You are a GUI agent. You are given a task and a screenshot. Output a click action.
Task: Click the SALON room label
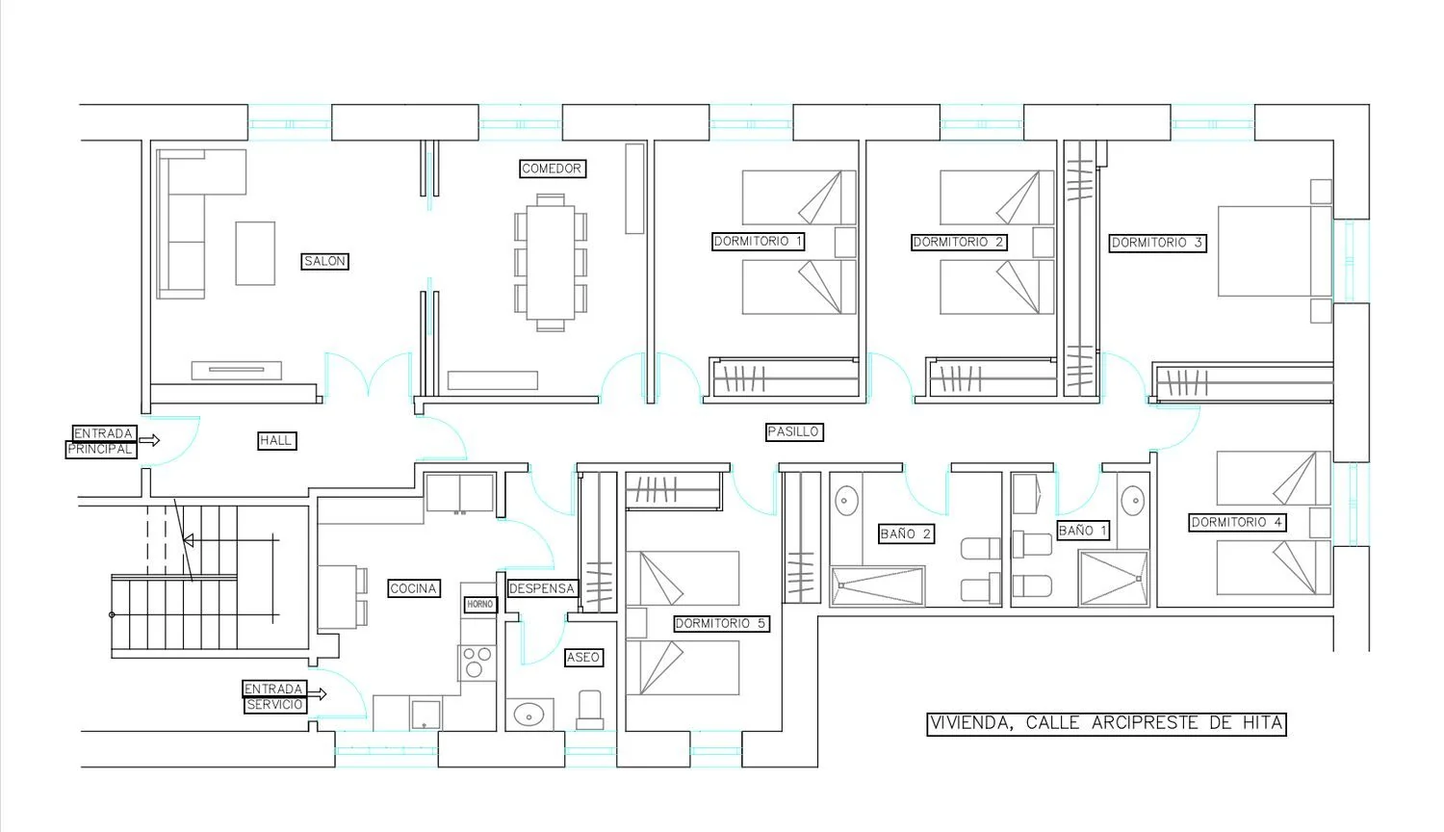point(325,261)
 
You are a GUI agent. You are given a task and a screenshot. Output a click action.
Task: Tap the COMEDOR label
point(552,169)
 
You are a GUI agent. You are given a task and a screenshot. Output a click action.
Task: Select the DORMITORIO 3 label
point(1157,243)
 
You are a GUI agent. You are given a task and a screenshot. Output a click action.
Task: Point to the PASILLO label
point(793,431)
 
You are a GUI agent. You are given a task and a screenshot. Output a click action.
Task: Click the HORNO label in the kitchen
point(480,605)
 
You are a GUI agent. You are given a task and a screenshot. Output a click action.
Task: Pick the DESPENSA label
point(541,588)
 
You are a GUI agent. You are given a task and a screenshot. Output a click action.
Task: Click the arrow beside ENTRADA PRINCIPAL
point(149,440)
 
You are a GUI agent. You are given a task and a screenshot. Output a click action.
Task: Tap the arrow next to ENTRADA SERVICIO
point(317,694)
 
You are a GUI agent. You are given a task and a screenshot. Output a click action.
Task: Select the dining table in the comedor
point(550,263)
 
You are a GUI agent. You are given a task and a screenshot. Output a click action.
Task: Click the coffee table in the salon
point(255,253)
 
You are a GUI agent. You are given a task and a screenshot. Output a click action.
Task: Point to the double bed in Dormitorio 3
point(1275,251)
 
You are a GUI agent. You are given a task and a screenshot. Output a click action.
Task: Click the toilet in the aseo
point(590,711)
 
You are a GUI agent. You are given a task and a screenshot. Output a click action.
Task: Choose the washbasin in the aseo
point(529,715)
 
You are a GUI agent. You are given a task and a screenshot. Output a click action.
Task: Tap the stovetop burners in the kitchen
point(477,663)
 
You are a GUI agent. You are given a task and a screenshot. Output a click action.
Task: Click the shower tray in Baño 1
point(1113,579)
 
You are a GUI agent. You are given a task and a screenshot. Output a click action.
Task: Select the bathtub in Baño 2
point(878,586)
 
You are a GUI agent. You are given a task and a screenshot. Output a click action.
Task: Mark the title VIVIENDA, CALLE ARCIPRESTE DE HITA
point(1106,723)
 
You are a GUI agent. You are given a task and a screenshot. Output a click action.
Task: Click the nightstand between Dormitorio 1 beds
point(845,243)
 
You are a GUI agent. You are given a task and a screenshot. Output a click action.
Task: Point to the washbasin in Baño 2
point(846,501)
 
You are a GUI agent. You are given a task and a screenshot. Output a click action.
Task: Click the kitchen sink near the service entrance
point(425,715)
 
